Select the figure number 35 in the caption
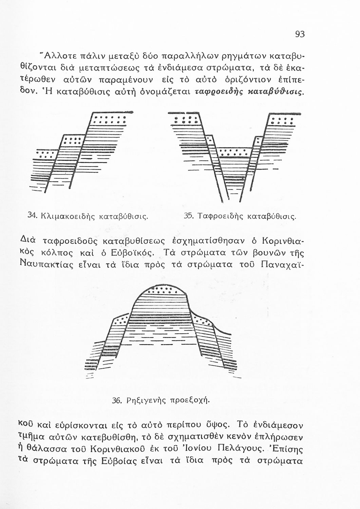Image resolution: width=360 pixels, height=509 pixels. pyautogui.click(x=188, y=215)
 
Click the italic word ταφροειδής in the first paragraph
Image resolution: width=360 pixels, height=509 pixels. pyautogui.click(x=215, y=92)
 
